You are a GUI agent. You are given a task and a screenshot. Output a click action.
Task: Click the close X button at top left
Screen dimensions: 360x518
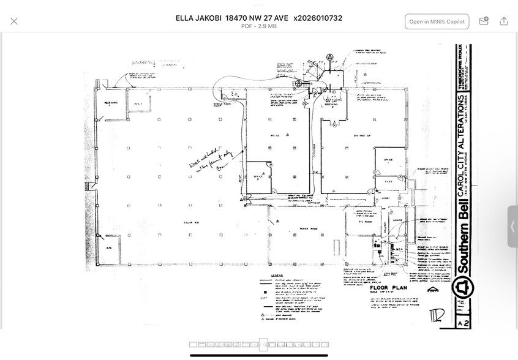pyautogui.click(x=14, y=21)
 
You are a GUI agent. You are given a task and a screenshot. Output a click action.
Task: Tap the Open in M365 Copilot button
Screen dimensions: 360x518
pyautogui.click(x=437, y=21)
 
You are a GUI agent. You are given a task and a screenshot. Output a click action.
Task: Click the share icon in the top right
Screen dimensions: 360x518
pyautogui.click(x=504, y=21)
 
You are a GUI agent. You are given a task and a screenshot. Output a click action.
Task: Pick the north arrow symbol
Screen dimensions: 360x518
pyautogui.click(x=433, y=290)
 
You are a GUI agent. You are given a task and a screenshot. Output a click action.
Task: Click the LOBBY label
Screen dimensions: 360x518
pyautogui.click(x=386, y=197)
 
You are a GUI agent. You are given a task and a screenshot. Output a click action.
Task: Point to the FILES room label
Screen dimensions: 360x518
pyautogui.click(x=389, y=181)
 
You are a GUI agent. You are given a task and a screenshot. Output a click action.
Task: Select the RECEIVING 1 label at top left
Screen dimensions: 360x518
pyautogui.click(x=110, y=103)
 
